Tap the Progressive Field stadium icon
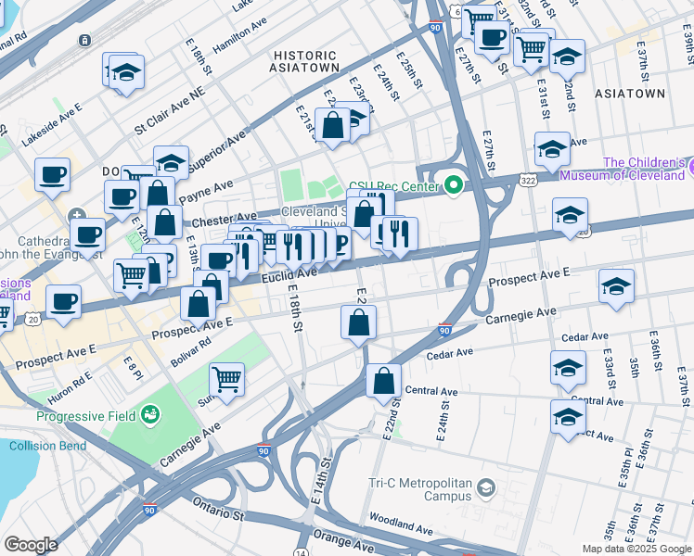pos(152,416)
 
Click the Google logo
pos(31,545)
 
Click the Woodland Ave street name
pos(400,524)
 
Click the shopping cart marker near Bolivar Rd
pos(227,379)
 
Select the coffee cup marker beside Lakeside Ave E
pos(52,174)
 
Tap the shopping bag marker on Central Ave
pos(383,380)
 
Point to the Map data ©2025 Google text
pos(635,548)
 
